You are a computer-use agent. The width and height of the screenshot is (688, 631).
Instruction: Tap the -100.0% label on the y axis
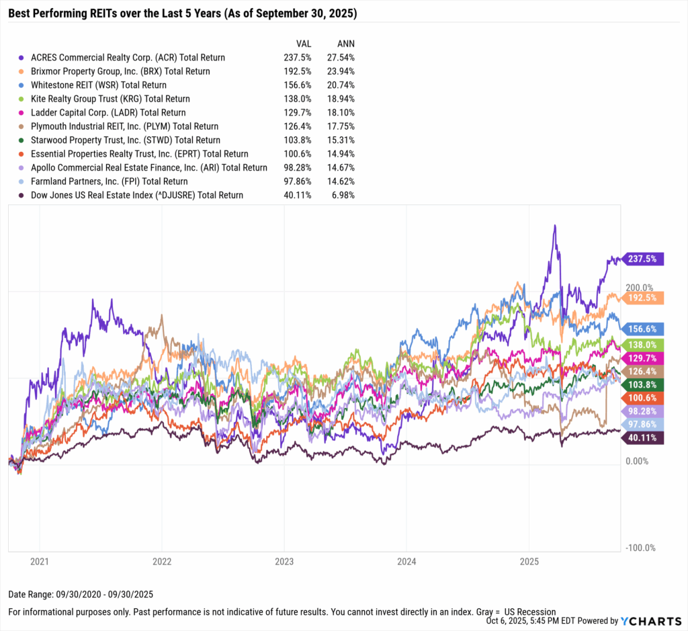(x=640, y=548)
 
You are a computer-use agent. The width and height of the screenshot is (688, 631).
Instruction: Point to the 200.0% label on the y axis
(x=640, y=288)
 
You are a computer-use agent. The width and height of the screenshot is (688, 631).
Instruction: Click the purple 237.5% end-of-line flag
(x=644, y=259)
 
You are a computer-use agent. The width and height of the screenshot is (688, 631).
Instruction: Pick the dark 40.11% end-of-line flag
(x=644, y=438)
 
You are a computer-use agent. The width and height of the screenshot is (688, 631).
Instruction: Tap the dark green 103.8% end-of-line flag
(x=644, y=384)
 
